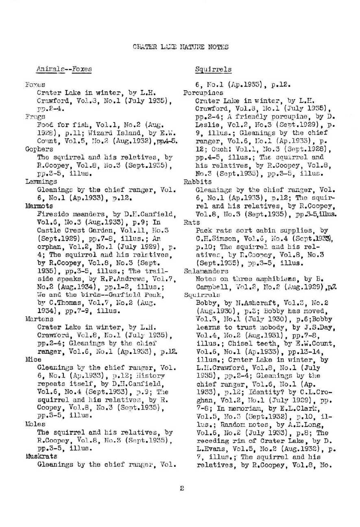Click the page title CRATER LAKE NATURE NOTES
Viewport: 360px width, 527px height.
[x=181, y=47]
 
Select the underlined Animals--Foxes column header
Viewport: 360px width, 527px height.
[x=64, y=69]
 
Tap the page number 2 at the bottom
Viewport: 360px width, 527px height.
[x=182, y=488]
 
